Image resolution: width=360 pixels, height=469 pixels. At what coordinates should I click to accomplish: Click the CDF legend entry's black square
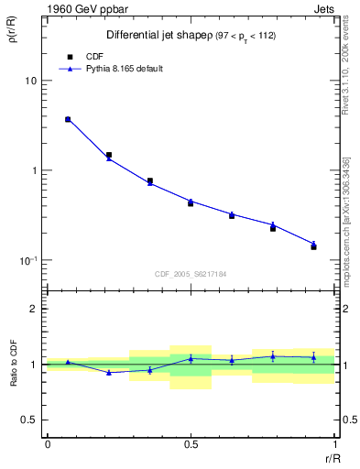tap(68, 55)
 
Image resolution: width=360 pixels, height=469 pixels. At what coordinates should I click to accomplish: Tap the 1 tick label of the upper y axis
tap(34, 170)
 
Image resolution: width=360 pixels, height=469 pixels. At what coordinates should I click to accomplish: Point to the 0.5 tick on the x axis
tap(191, 444)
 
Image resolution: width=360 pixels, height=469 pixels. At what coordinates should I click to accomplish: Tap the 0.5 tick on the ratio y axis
tap(29, 420)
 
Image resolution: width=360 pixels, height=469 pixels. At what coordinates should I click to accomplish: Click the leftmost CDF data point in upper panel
tap(68, 119)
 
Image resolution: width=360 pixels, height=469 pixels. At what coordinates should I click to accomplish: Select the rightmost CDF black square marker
tap(313, 247)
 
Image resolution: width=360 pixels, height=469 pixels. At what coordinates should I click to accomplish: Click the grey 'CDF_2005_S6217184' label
tap(191, 273)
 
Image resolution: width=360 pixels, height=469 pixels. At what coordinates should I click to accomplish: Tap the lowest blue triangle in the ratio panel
tap(109, 373)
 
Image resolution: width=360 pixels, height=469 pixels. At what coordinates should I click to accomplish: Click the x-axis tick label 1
tap(334, 444)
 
